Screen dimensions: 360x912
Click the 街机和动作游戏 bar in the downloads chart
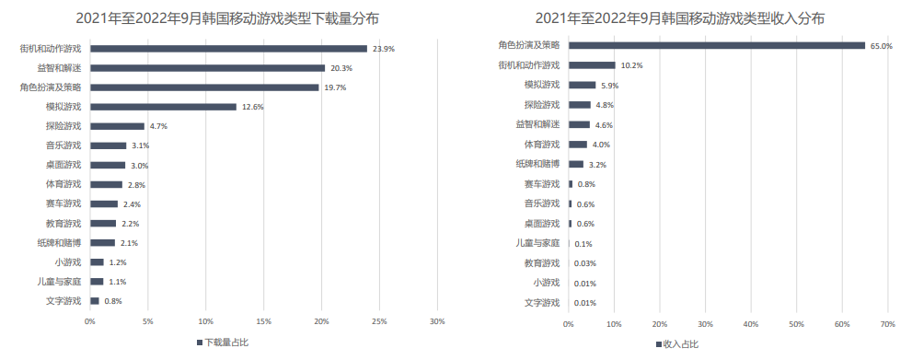[228, 48]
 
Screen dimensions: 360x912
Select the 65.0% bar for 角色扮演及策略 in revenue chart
[716, 45]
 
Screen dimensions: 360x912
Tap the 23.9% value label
[384, 49]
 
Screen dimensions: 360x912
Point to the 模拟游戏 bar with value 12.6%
[163, 107]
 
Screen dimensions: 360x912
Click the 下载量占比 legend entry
[222, 343]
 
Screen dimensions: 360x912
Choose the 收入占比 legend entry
[676, 343]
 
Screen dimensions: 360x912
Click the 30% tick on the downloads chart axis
[437, 321]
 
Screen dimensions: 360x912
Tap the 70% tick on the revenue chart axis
[887, 324]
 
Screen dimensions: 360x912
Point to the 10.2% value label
[632, 65]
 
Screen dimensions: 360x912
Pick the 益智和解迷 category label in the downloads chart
[59, 68]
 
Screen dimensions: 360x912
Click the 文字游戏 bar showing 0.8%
[95, 301]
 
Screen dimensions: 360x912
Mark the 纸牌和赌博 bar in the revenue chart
[576, 164]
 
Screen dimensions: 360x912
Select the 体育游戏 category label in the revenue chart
[541, 145]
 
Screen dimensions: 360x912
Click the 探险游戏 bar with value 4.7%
[117, 126]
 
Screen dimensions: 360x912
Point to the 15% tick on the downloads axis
[263, 321]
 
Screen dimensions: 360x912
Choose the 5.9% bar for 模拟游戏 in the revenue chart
[582, 85]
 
